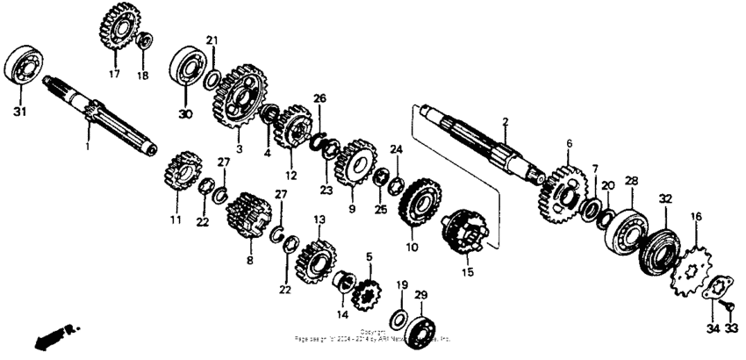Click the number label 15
[x=466, y=273]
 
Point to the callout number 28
[x=630, y=180]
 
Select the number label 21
[x=212, y=40]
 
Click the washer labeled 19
[x=396, y=316]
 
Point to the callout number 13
[x=319, y=219]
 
